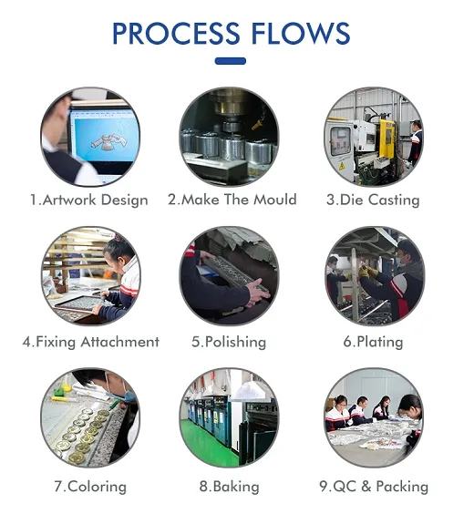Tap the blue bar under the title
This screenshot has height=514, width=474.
click(x=230, y=62)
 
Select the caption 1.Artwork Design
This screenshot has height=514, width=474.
click(x=88, y=200)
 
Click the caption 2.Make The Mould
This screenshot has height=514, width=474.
click(x=232, y=200)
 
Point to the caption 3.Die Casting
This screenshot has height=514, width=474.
click(x=373, y=200)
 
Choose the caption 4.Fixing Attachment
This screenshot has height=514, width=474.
click(x=90, y=342)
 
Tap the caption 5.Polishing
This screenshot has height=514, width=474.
click(x=229, y=342)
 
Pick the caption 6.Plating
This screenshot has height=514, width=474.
click(x=373, y=342)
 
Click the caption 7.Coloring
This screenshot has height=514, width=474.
click(x=89, y=486)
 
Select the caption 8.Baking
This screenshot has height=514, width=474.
click(x=229, y=486)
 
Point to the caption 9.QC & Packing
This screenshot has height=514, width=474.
click(x=373, y=486)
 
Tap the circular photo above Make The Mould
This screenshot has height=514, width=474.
click(x=229, y=137)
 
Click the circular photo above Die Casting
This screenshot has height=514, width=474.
click(x=374, y=137)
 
